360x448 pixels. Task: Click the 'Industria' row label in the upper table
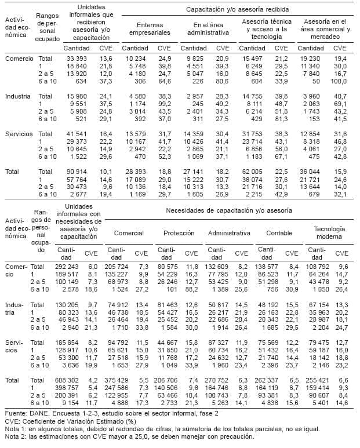pos(19,96)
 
